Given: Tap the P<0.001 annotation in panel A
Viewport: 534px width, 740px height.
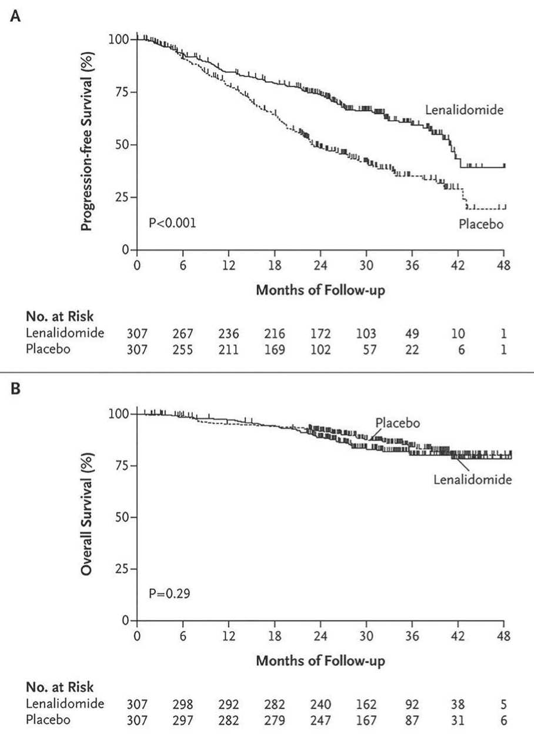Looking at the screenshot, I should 172,223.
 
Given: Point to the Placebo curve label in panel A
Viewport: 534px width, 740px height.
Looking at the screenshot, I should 482,224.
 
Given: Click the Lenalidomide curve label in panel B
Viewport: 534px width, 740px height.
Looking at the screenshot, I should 472,479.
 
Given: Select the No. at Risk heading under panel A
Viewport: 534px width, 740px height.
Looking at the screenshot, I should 59,316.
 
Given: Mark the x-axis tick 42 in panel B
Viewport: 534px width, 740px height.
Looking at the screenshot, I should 458,636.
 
